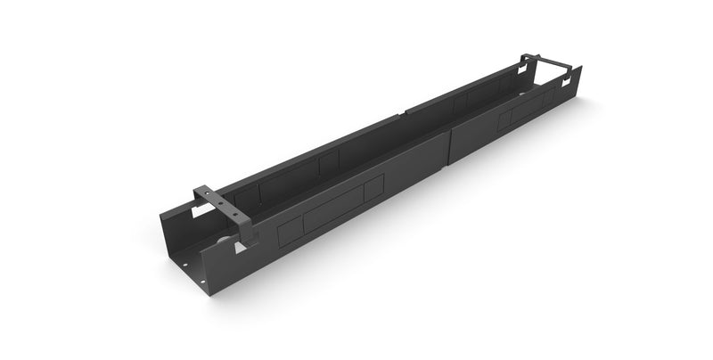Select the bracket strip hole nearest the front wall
point(236,214)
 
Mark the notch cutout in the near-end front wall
point(240,249)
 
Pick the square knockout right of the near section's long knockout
point(373,188)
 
